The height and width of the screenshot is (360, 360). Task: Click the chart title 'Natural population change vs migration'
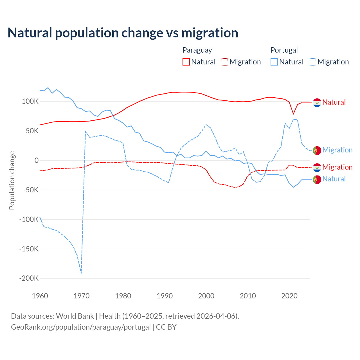[123, 33]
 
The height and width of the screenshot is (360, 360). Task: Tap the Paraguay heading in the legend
[197, 50]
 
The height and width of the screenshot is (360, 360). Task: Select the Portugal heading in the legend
[284, 50]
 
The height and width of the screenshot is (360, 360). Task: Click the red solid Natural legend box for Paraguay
[186, 62]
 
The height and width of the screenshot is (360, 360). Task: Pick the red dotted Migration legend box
[224, 62]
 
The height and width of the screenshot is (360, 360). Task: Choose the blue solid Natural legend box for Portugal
[274, 62]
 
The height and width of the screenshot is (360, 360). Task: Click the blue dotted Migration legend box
[312, 62]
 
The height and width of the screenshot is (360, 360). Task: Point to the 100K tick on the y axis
[30, 102]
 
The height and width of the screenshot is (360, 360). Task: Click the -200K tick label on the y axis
[29, 278]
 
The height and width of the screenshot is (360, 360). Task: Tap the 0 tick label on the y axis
[37, 160]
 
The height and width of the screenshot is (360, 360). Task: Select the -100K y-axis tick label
[29, 219]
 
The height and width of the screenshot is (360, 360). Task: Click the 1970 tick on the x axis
[82, 296]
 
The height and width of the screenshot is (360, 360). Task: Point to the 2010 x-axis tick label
[248, 296]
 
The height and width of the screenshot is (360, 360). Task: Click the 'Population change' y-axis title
[12, 181]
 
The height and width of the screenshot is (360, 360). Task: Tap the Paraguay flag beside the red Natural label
[317, 103]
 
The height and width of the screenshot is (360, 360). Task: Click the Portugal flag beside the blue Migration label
[317, 150]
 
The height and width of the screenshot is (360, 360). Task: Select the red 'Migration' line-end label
[337, 167]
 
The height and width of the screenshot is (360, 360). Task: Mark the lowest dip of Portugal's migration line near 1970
[81, 273]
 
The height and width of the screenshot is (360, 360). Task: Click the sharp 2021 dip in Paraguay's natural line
[293, 114]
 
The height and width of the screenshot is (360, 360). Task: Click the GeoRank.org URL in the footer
[81, 327]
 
